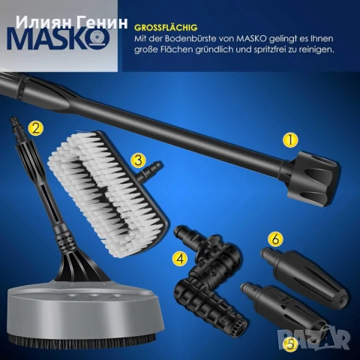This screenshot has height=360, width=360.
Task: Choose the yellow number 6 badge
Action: (274, 239)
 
